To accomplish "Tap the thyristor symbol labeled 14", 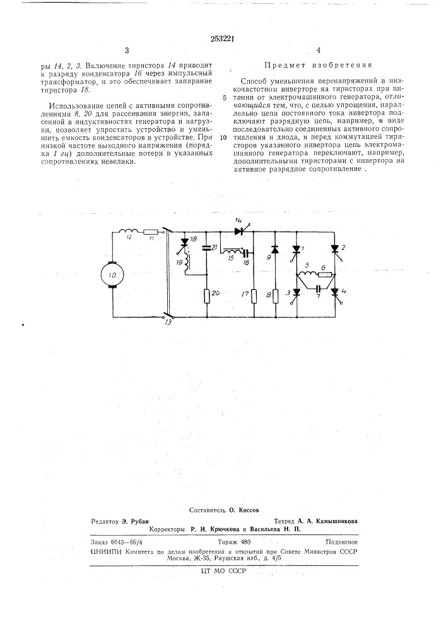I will (239, 232).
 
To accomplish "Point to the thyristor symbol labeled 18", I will (184, 241).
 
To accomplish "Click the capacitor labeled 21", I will (207, 247).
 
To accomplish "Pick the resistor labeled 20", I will (207, 294).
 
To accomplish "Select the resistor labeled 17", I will (254, 294).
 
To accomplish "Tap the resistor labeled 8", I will (276, 294).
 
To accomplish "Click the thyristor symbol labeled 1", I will (296, 251).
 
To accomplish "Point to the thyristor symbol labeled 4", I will (335, 293).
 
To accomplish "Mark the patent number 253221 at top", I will (222, 38).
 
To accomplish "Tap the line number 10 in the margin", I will (223, 137).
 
